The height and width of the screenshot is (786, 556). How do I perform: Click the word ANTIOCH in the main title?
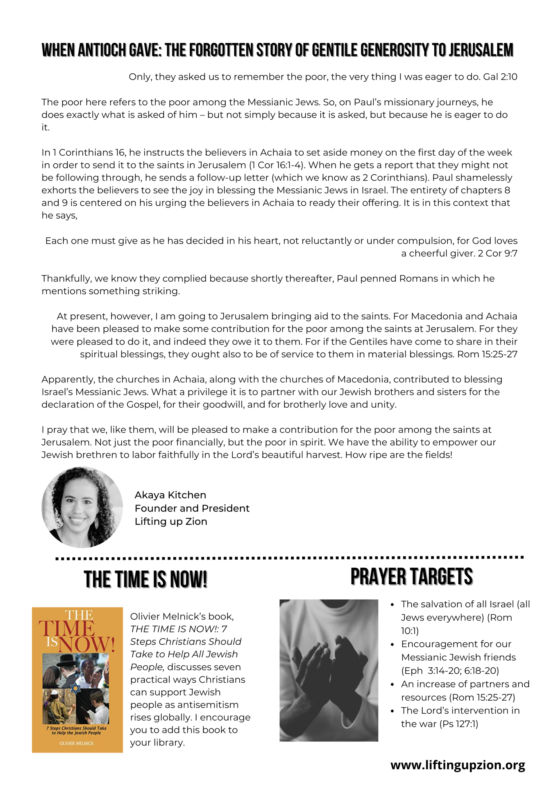click(102, 50)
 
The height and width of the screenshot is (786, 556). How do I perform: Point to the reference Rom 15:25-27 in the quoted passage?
click(487, 354)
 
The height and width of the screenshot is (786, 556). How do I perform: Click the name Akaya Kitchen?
click(170, 495)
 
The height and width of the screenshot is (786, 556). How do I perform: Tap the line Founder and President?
click(192, 508)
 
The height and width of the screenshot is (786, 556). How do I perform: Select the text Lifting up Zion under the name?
click(170, 522)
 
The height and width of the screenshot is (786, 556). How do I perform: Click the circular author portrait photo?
click(82, 507)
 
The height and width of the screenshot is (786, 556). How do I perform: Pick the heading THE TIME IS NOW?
click(145, 580)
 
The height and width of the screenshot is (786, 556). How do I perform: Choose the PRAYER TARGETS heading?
click(411, 577)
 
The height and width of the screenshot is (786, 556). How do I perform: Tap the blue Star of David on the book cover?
click(75, 688)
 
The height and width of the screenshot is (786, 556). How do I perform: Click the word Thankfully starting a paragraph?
click(66, 279)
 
